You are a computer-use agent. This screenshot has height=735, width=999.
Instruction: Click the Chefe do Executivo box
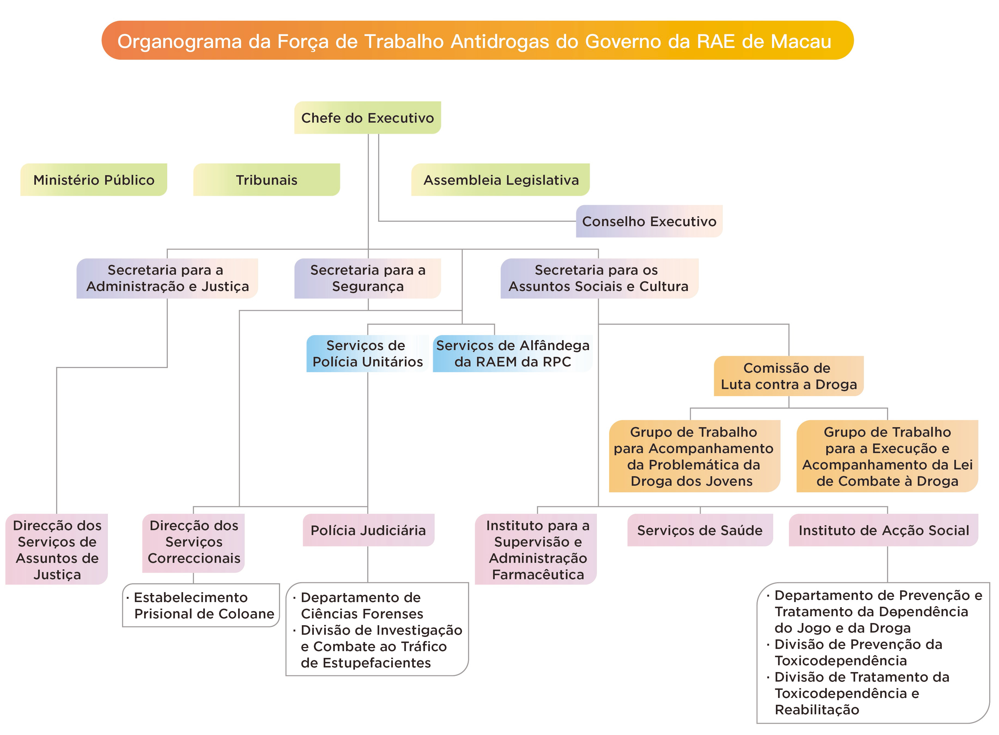(368, 118)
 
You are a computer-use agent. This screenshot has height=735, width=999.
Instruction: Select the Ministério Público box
(93, 180)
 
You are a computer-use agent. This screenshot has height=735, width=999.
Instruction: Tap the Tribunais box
(266, 180)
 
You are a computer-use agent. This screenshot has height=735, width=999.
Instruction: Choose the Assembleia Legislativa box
(500, 180)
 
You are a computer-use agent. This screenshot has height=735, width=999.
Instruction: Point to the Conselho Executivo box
(649, 221)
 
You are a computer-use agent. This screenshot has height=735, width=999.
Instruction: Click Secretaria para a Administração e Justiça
(167, 278)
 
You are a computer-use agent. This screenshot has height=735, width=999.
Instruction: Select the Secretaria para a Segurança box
(368, 278)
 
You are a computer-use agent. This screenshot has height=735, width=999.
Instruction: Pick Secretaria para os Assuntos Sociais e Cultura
(599, 278)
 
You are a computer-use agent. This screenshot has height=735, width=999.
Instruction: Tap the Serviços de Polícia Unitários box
(368, 354)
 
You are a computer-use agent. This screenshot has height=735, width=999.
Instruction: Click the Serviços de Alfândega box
(512, 354)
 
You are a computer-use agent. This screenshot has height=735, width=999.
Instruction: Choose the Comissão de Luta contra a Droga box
(788, 376)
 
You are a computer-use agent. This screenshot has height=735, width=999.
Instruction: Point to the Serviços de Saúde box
(700, 530)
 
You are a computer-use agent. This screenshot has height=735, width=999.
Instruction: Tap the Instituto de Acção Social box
(883, 530)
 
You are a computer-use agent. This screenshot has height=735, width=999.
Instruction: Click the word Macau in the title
(801, 41)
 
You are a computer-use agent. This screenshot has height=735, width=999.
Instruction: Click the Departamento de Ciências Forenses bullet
(361, 606)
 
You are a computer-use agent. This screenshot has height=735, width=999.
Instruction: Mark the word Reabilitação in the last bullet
(817, 710)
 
